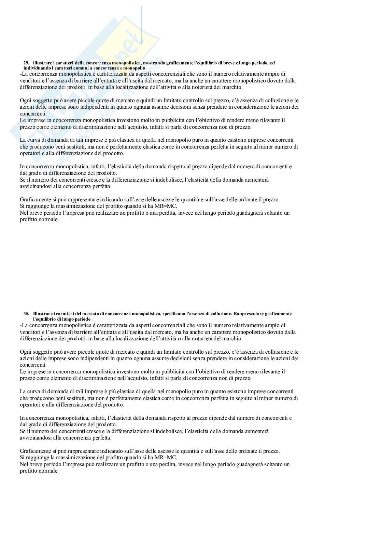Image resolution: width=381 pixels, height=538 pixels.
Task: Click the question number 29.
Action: tap(26, 63)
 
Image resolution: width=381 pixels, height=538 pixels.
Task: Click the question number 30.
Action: tap(26, 314)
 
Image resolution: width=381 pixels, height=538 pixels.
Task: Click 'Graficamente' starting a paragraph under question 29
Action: tap(35, 200)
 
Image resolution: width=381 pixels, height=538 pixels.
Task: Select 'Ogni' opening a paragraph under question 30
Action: tap(25, 352)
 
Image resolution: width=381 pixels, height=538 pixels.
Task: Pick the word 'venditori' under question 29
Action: tap(29, 81)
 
